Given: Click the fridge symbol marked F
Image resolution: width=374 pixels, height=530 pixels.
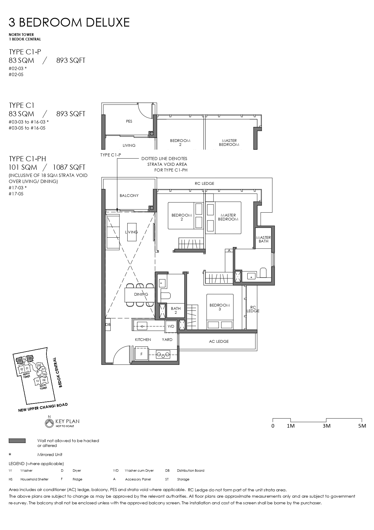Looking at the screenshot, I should pyautogui.click(x=141, y=354).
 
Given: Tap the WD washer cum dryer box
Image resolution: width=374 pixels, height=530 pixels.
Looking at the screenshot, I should pyautogui.click(x=171, y=326).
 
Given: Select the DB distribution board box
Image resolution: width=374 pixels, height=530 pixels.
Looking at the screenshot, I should pyautogui.click(x=108, y=325).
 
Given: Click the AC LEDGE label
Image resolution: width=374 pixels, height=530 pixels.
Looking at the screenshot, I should pyautogui.click(x=219, y=341).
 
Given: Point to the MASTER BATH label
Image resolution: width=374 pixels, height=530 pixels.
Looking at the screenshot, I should pyautogui.click(x=263, y=239).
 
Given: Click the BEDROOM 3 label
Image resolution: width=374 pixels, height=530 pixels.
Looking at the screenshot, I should pyautogui.click(x=220, y=307).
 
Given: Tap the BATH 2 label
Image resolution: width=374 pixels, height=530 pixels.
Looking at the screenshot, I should pyautogui.click(x=176, y=310).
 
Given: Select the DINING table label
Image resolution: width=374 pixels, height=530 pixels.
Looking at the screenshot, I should pyautogui.click(x=141, y=294).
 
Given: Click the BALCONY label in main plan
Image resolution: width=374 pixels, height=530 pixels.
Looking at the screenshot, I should pyautogui.click(x=129, y=195).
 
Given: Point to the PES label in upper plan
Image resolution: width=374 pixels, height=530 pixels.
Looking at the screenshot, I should pyautogui.click(x=129, y=121).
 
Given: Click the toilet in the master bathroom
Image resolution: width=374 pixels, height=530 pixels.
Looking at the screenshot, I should pyautogui.click(x=263, y=273).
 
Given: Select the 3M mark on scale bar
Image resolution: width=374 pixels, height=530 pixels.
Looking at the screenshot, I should pyautogui.click(x=326, y=426).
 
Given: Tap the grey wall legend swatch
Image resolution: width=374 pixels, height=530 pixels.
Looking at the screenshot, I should pyautogui.click(x=17, y=441).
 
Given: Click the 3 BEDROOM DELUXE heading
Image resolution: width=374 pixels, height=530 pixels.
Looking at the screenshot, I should pyautogui.click(x=69, y=22).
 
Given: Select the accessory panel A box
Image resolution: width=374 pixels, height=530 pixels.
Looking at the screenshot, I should pyautogui.click(x=229, y=251).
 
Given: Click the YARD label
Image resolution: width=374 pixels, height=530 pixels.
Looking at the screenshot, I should pyautogui.click(x=167, y=339).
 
